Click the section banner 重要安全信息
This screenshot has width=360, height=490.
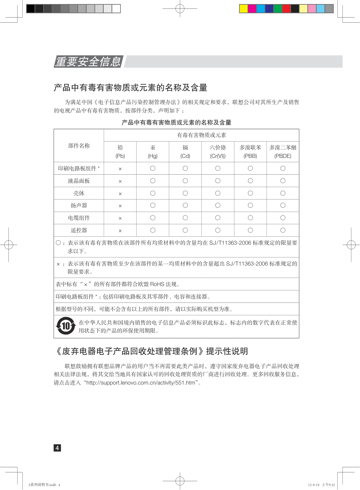click(88, 62)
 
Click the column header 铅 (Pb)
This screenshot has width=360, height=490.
click(120, 152)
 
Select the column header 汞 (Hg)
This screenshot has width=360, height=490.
click(153, 152)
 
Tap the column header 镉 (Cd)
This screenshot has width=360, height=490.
click(185, 152)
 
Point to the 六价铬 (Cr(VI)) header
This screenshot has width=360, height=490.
click(218, 152)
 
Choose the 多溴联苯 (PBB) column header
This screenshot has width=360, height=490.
click(250, 152)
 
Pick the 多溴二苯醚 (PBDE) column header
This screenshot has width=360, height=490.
click(283, 152)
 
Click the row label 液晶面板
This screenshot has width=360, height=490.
click(79, 181)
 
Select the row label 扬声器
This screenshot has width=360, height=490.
click(79, 205)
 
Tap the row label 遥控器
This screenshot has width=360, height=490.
click(79, 230)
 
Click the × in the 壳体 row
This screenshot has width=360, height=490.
click(120, 194)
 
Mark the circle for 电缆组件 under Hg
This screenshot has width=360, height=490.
click(153, 218)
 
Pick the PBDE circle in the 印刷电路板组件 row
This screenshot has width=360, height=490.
click(283, 168)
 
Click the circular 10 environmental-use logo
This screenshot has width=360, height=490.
click(66, 326)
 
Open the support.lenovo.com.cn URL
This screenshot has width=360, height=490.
click(141, 383)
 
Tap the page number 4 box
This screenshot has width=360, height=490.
click(57, 448)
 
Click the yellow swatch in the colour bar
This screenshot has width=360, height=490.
click(244, 9)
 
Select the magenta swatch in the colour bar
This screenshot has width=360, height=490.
click(252, 9)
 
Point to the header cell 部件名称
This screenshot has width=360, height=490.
click(79, 146)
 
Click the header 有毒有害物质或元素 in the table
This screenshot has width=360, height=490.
click(201, 135)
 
